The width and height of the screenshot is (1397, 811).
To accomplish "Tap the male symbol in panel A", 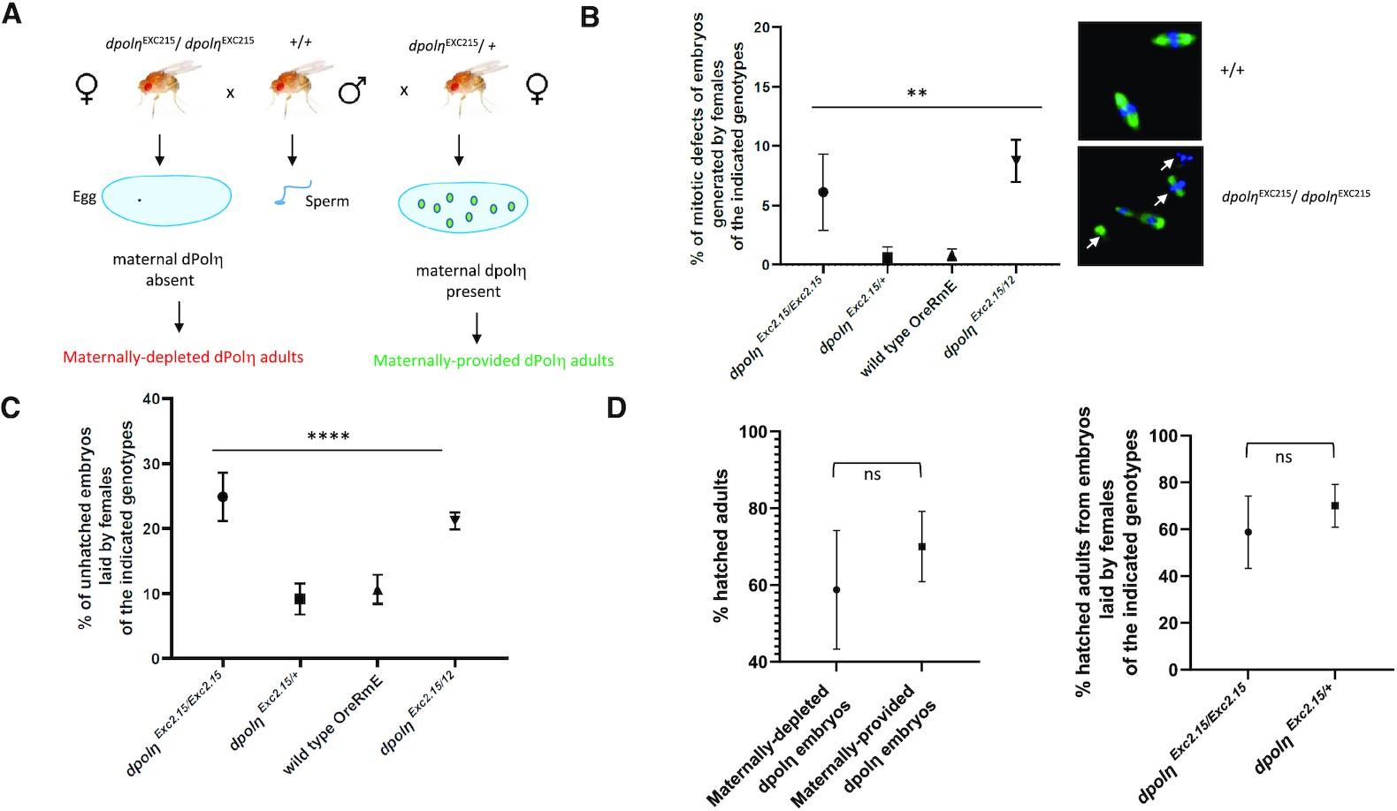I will tap(352, 90).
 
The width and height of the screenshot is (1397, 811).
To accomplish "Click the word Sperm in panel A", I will tap(326, 201).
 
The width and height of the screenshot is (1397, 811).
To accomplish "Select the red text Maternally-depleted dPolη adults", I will tap(183, 357).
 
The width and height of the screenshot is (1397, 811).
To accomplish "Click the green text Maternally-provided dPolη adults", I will tap(492, 360).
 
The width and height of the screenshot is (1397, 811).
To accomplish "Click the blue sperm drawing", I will tap(291, 193).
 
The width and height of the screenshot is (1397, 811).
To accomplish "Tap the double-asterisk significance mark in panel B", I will tap(917, 94).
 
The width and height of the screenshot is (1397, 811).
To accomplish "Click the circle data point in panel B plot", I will tap(823, 192).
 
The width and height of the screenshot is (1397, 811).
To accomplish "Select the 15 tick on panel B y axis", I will tap(761, 87).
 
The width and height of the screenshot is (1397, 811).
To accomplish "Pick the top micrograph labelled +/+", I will tap(1140, 80).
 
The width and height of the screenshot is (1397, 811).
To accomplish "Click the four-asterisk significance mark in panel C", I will tap(328, 436).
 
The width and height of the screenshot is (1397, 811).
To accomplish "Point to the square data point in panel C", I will tap(300, 599).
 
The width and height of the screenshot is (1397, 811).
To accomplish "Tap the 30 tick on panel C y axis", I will tap(151, 464).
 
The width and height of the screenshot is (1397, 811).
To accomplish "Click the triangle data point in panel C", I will tap(378, 591).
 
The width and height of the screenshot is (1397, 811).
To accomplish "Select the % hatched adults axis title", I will tap(721, 545).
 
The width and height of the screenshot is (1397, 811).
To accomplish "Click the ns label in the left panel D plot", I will tap(872, 475).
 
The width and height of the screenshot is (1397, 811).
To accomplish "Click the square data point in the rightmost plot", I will tap(1334, 505).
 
